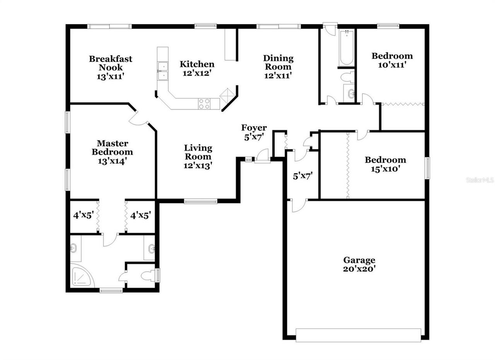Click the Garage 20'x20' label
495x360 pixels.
[359, 265]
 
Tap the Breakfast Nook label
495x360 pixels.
[110, 67]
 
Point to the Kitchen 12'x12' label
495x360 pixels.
[197, 68]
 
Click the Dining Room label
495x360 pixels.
[278, 67]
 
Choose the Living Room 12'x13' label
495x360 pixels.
[198, 156]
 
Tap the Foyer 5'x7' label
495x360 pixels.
[254, 132]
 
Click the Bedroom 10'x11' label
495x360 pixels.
[392, 60]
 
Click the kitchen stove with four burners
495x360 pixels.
[204, 103]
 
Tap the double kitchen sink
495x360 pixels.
[163, 71]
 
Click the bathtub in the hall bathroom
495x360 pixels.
[346, 48]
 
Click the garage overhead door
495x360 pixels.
[358, 335]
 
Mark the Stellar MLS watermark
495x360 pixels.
[480, 180]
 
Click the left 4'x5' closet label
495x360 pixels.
[84, 215]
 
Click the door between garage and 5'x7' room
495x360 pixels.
[298, 205]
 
